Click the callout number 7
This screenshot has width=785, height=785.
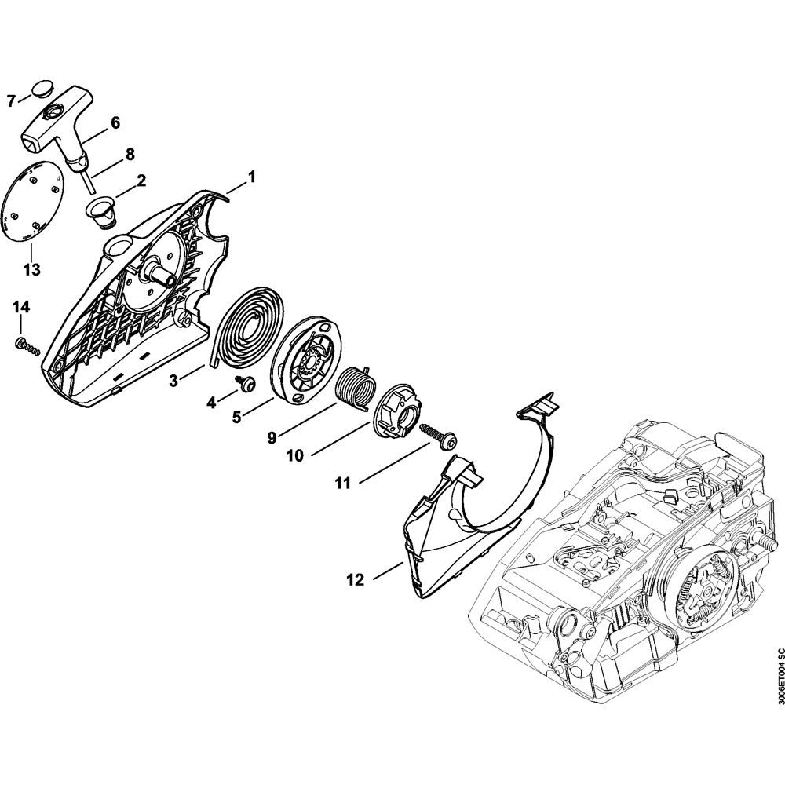[x=11, y=100]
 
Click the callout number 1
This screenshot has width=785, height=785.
[x=252, y=177]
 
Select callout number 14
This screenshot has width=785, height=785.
[x=21, y=306]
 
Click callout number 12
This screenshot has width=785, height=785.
[x=355, y=580]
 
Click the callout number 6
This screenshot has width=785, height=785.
[x=115, y=122]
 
